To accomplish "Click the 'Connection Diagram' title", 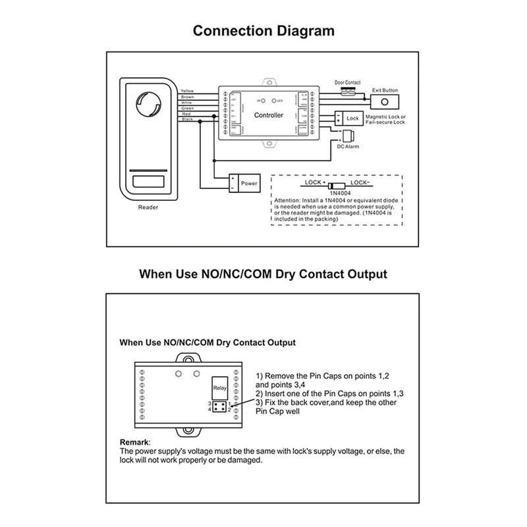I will coord(263,31).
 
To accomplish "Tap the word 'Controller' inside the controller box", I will coord(269,116).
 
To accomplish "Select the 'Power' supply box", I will coord(243,183).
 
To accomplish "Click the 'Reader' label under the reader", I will coord(148,207).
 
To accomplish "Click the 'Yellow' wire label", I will coord(187,90).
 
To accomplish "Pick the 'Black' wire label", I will coord(187,120).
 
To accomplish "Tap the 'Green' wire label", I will coord(187,108).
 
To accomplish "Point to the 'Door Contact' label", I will coord(347,83).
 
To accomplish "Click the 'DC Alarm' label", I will coord(347,148).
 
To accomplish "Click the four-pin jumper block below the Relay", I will coord(218,406).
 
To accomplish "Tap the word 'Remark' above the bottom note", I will coord(134,443).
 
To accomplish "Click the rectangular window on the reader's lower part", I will coord(148,180).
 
